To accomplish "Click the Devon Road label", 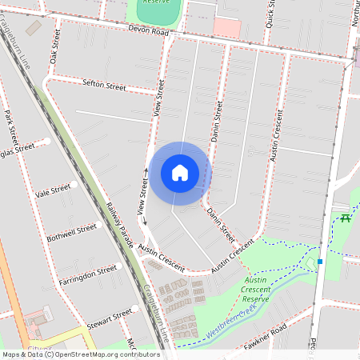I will tap(148, 30).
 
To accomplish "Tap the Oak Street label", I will tap(55, 47).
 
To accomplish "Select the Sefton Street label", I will tap(105, 84).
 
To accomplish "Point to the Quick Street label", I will tap(270, 15).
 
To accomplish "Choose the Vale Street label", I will tap(54, 190).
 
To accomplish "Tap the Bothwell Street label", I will tap(71, 233).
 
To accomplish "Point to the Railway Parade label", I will tap(119, 222).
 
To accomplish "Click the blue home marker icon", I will tap(180, 173).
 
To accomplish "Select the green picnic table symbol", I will tap(346, 218).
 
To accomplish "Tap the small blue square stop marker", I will tap(319, 262).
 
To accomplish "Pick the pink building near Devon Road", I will tap(226, 28).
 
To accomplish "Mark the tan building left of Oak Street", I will tap(34, 28).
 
